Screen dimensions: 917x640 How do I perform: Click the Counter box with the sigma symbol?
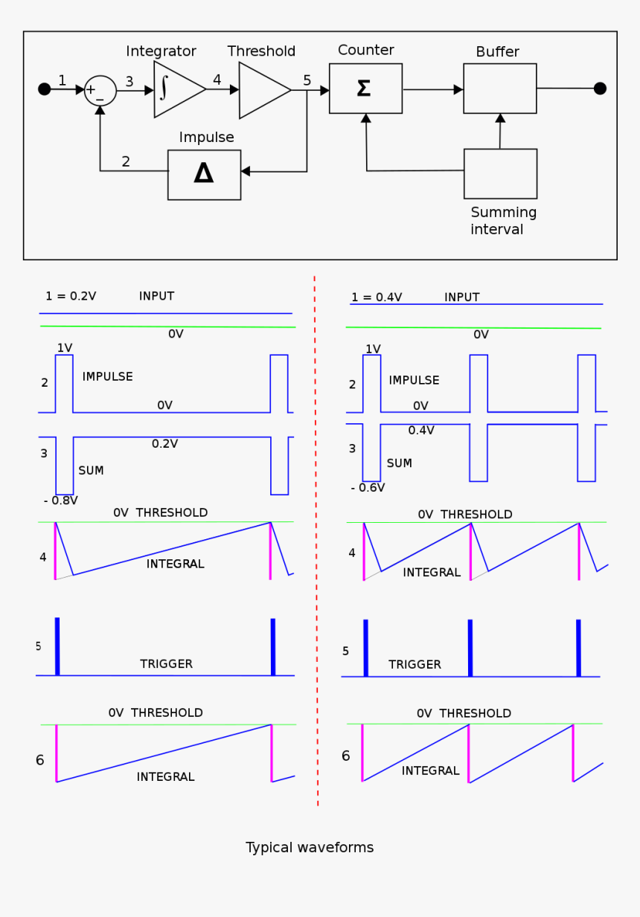tap(365, 89)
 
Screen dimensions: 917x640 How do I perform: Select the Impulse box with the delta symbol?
tap(204, 175)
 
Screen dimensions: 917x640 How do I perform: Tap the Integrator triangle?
tap(176, 89)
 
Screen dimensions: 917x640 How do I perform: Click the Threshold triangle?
tap(261, 90)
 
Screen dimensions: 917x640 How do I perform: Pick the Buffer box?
tap(499, 89)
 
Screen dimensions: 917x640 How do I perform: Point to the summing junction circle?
tap(100, 91)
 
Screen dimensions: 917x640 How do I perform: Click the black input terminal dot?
tap(45, 89)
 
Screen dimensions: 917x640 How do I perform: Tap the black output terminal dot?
tap(600, 89)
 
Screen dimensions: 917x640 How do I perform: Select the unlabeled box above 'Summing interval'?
tap(500, 173)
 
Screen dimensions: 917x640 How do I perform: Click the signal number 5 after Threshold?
tap(307, 80)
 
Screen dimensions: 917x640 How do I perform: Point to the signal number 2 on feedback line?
tap(126, 161)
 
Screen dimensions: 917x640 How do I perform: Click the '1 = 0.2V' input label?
tap(71, 296)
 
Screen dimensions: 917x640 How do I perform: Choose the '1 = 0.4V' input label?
tap(377, 297)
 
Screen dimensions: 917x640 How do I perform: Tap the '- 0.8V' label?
tap(61, 501)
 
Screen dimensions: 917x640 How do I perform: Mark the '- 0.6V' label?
tap(368, 488)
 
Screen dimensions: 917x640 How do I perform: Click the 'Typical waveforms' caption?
tap(310, 848)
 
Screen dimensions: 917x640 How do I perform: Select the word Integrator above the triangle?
tap(161, 51)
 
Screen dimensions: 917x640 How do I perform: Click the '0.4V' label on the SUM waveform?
tap(421, 431)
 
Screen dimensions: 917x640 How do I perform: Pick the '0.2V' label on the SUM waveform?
tap(164, 444)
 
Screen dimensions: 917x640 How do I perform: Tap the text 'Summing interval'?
tap(503, 221)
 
